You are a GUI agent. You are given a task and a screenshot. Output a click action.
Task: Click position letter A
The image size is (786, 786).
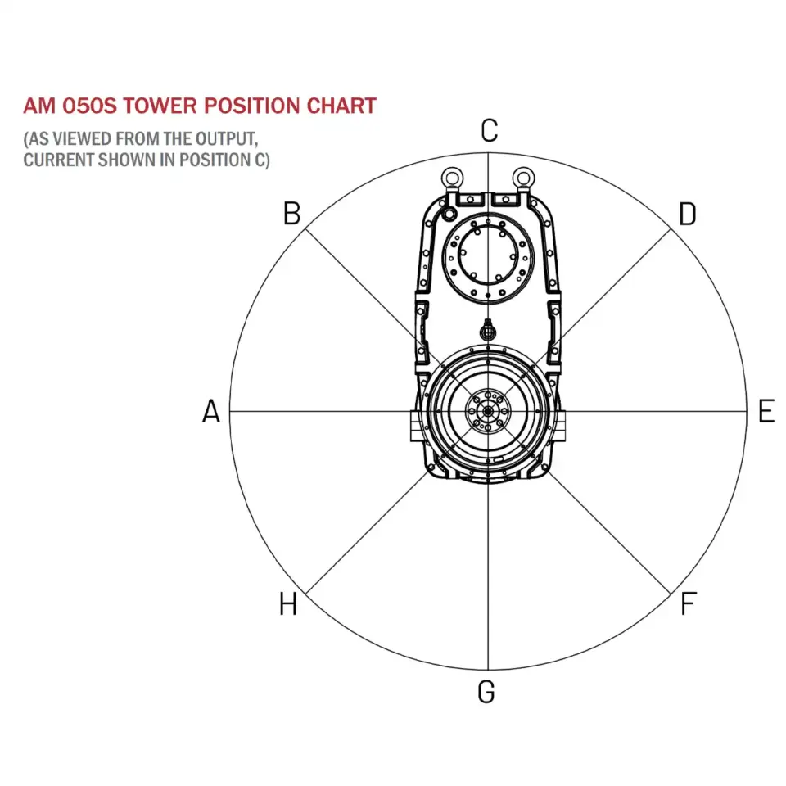tap(211, 411)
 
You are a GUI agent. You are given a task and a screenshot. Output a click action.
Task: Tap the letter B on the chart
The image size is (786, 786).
tap(292, 214)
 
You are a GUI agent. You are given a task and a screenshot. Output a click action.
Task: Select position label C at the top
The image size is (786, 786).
tap(489, 131)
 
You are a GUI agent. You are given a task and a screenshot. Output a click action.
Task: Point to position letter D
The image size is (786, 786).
tap(687, 215)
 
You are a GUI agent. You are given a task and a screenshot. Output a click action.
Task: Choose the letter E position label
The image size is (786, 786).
tap(766, 411)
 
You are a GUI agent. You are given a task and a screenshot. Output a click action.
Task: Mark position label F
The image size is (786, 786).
tap(688, 605)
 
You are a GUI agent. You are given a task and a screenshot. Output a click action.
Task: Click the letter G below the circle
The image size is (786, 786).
tap(486, 692)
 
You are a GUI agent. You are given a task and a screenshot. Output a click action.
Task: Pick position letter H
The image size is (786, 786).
tap(288, 605)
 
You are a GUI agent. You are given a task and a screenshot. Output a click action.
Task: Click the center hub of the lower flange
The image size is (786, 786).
tap(487, 411)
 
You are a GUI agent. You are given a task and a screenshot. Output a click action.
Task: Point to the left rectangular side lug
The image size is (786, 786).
tap(413, 427)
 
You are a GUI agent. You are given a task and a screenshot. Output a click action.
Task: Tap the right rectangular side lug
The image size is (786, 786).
tap(564, 427)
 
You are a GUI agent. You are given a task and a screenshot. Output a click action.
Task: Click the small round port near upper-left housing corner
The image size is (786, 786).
tap(448, 214)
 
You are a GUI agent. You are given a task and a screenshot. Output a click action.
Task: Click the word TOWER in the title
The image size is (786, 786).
tap(152, 106)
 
